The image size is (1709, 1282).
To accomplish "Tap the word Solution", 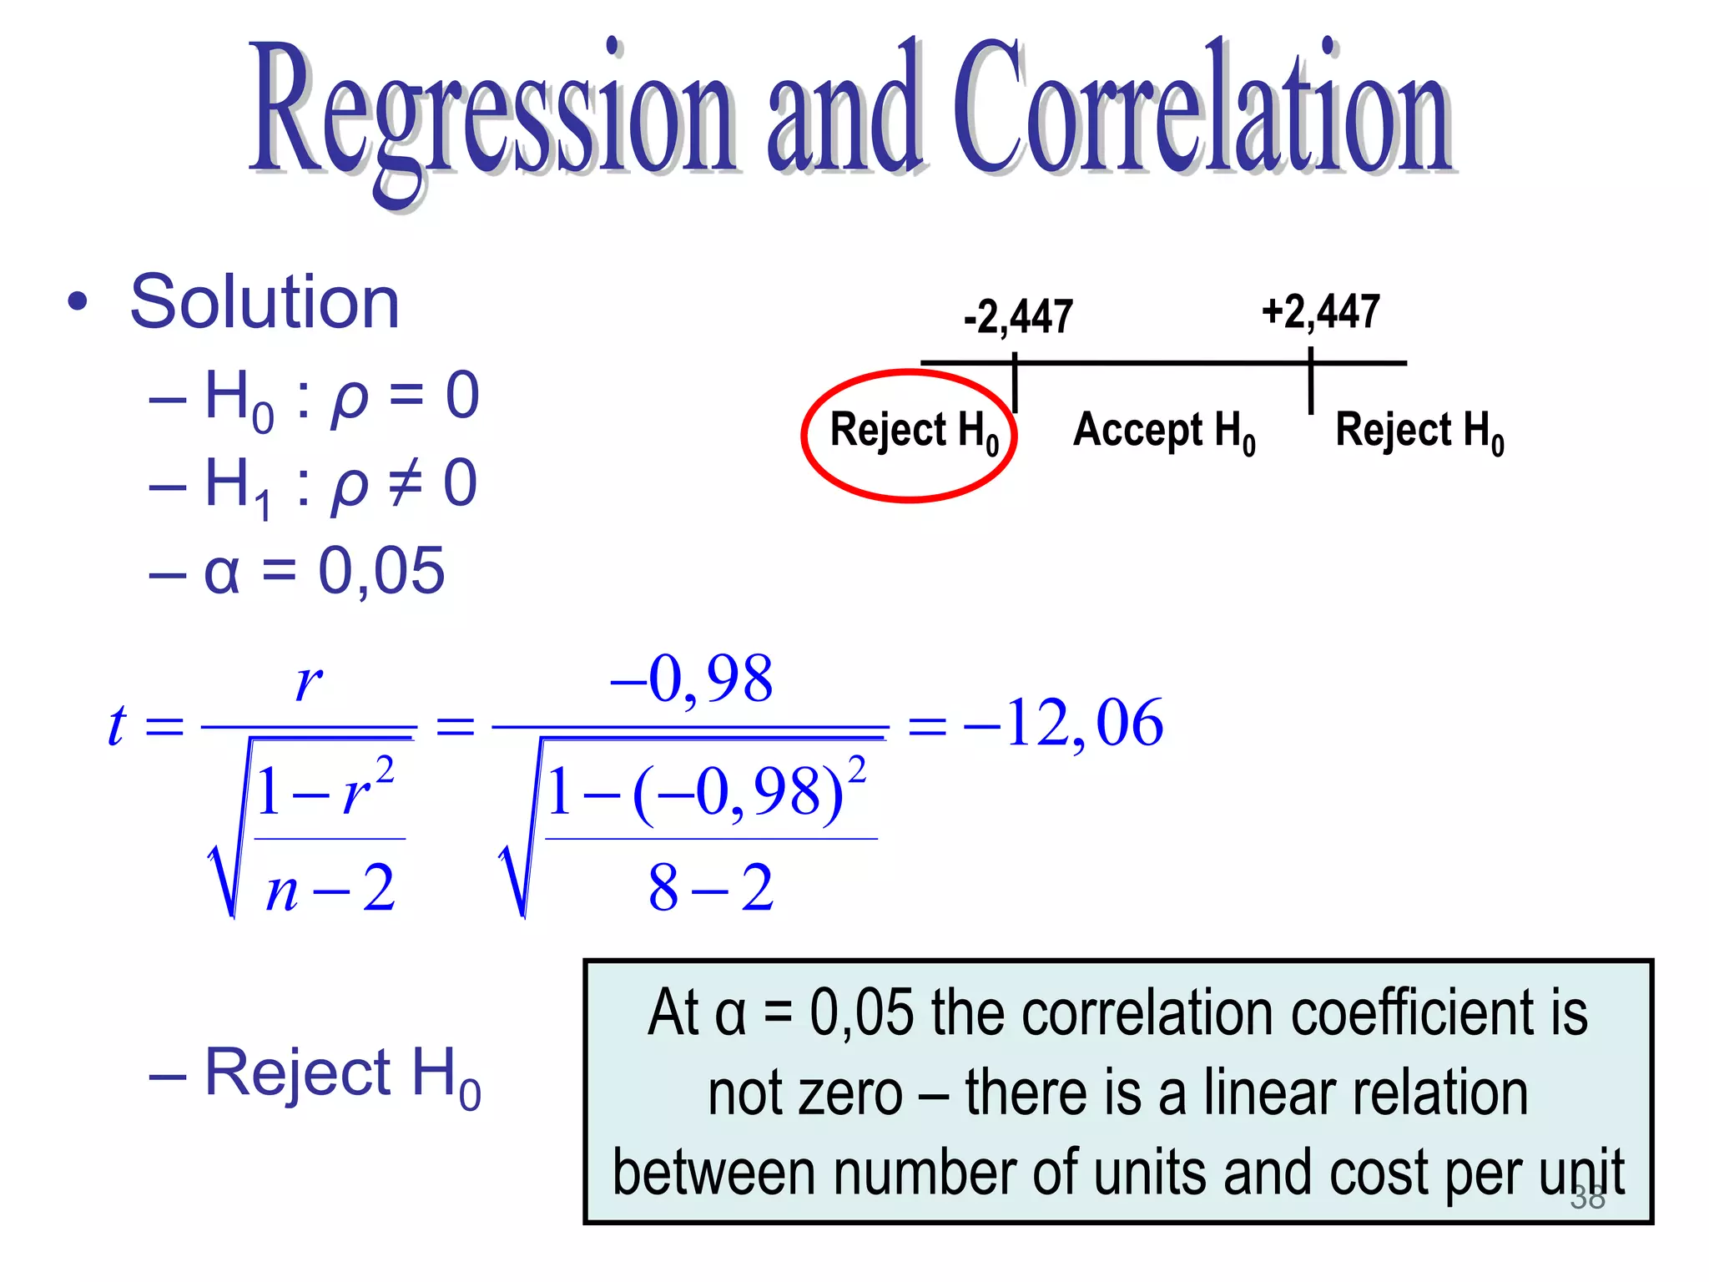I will click(x=265, y=302).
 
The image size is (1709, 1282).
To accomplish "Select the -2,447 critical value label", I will click(x=1018, y=317).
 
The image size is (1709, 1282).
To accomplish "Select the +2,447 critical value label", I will click(x=1321, y=312).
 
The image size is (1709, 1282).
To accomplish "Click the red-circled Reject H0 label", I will click(x=914, y=432).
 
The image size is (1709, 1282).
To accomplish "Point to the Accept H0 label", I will click(x=1164, y=432).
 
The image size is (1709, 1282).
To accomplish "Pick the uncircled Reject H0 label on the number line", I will click(x=1419, y=432).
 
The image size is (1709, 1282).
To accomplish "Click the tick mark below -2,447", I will click(x=1015, y=384).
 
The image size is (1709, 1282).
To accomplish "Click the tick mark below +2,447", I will click(x=1311, y=384).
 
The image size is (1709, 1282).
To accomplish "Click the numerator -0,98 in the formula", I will click(x=692, y=679).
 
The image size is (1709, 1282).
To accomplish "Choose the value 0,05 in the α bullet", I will click(x=381, y=572).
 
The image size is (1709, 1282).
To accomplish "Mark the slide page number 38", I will click(x=1587, y=1198).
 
